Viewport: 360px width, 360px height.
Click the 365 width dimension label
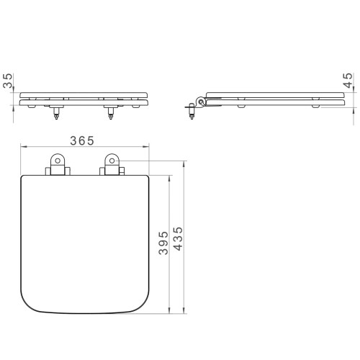82,140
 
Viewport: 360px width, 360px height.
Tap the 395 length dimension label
163,243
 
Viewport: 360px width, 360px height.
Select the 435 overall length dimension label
178,239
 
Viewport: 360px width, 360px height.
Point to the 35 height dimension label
8,81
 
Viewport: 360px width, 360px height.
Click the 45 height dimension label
348,81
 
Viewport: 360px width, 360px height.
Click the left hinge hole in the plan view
58,161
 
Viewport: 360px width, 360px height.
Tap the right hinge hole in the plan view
112,161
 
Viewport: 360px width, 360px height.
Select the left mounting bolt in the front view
56,113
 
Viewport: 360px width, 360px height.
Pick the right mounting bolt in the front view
110,113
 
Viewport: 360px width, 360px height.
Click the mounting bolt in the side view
192,111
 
